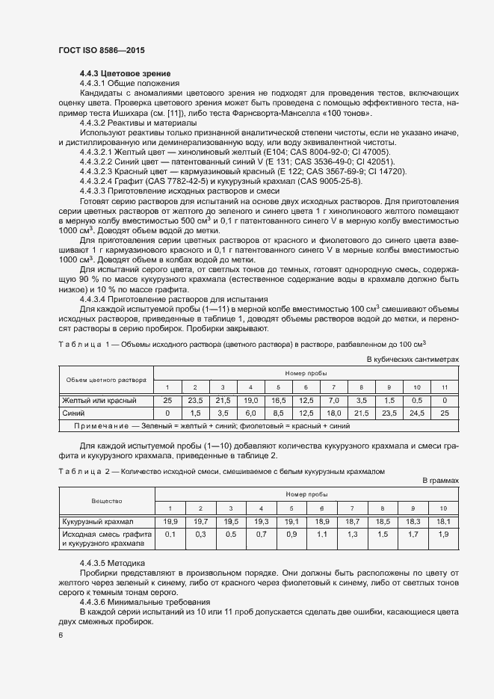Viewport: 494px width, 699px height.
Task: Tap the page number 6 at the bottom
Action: (61, 635)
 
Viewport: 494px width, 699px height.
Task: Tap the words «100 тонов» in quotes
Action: (349, 112)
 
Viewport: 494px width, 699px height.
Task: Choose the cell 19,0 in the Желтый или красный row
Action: (250, 401)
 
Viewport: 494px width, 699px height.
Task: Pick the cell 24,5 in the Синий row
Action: (416, 413)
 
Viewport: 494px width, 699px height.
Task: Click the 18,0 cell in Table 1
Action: (333, 413)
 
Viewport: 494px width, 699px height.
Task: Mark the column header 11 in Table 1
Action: (444, 387)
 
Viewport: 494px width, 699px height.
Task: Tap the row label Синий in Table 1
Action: (73, 413)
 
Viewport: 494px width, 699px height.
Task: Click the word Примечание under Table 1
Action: (101, 425)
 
